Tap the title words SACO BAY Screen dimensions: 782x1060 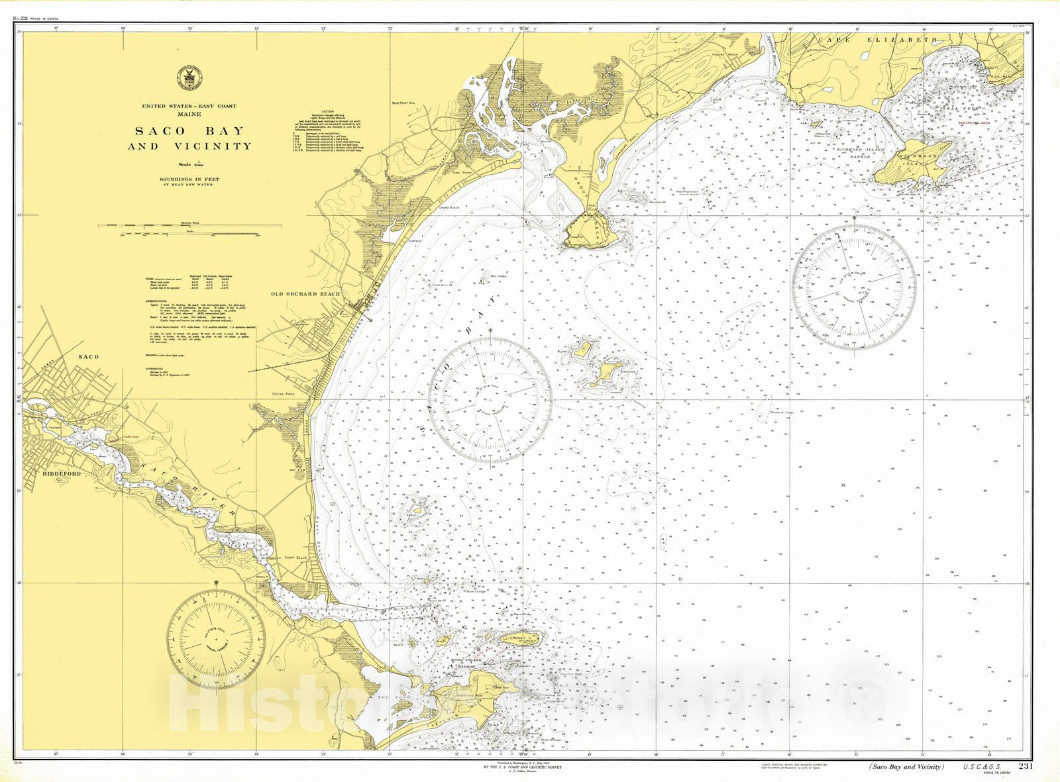point(189,131)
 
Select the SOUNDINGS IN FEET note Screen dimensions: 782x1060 point(189,179)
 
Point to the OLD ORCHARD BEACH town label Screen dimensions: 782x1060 point(305,294)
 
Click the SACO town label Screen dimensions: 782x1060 point(88,357)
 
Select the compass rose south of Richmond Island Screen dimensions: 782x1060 point(854,287)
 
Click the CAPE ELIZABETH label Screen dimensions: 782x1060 point(876,40)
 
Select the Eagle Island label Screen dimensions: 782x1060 point(411,514)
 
